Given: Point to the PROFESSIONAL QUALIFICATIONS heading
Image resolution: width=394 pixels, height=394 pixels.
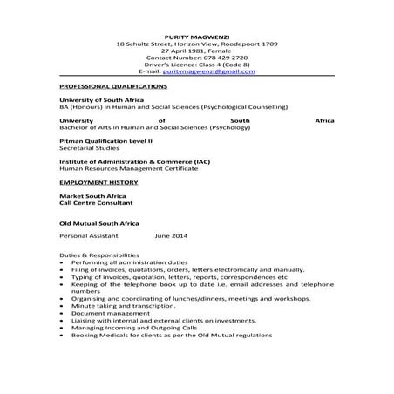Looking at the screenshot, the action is (112, 87).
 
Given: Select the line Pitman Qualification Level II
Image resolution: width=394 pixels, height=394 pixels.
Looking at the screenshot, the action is (105, 139).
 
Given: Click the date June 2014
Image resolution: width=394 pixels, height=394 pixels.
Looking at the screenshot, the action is (171, 235).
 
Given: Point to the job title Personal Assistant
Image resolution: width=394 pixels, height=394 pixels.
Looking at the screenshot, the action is (88, 235).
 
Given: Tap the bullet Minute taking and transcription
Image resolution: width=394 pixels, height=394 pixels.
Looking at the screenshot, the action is (127, 306).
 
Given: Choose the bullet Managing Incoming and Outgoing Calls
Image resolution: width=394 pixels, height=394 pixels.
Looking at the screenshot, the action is (139, 329).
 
